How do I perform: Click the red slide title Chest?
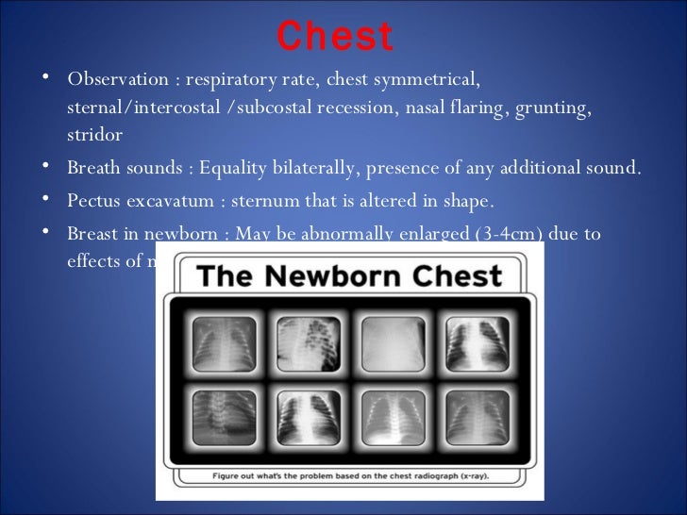point(335,37)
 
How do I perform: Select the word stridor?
point(94,135)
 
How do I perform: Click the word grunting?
point(554,107)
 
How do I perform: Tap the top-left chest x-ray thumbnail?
point(224,344)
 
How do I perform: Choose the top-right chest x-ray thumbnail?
point(477,344)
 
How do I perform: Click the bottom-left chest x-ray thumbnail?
point(224,418)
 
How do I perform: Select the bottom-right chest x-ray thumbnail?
point(477,418)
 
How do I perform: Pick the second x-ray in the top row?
point(308,344)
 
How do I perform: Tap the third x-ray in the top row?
point(393,344)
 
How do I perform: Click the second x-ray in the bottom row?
point(308,418)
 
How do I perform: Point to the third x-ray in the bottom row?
point(393,418)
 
